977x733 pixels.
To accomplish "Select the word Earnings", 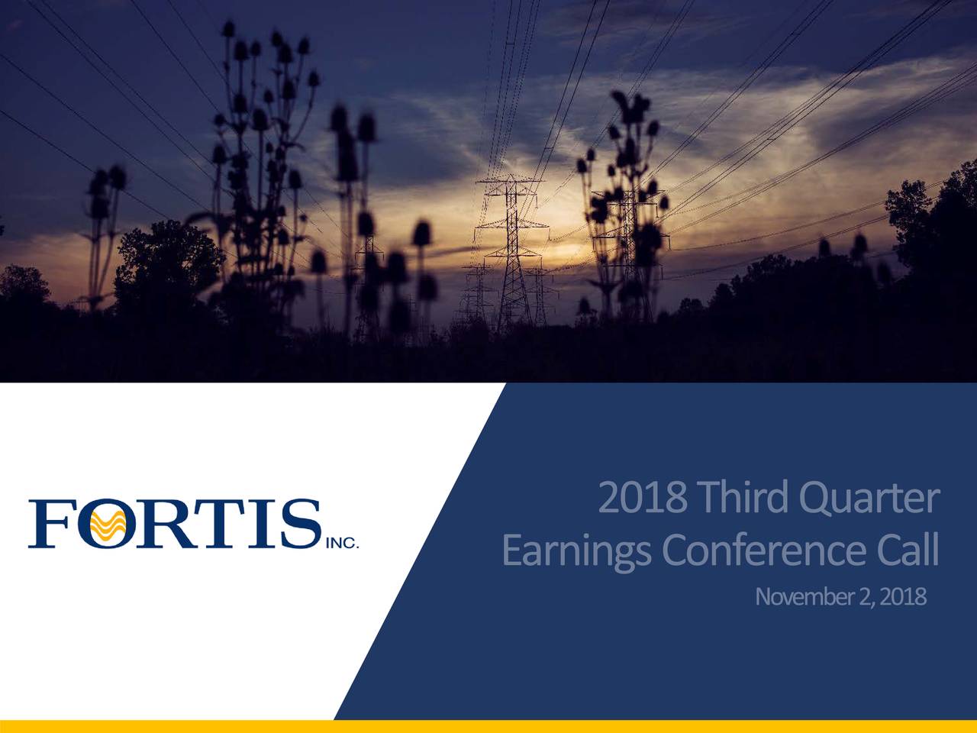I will [x=576, y=551].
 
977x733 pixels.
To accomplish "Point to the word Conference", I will [x=763, y=551].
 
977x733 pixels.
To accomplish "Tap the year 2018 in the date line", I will [x=902, y=596].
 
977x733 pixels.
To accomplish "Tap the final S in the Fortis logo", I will [x=299, y=524].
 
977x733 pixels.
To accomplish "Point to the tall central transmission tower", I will [x=512, y=252].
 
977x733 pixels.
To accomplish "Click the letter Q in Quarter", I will [x=814, y=499].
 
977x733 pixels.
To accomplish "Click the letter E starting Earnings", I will [x=511, y=551].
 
